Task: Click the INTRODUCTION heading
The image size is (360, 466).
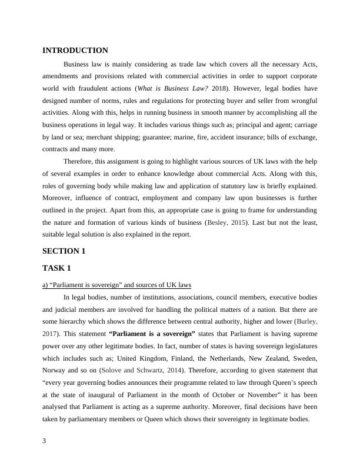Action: pos(75,51)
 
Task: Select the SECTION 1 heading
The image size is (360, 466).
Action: pos(64,251)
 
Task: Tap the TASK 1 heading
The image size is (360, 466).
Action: pos(56,268)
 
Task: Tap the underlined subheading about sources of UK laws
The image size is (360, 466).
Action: pos(117,285)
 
